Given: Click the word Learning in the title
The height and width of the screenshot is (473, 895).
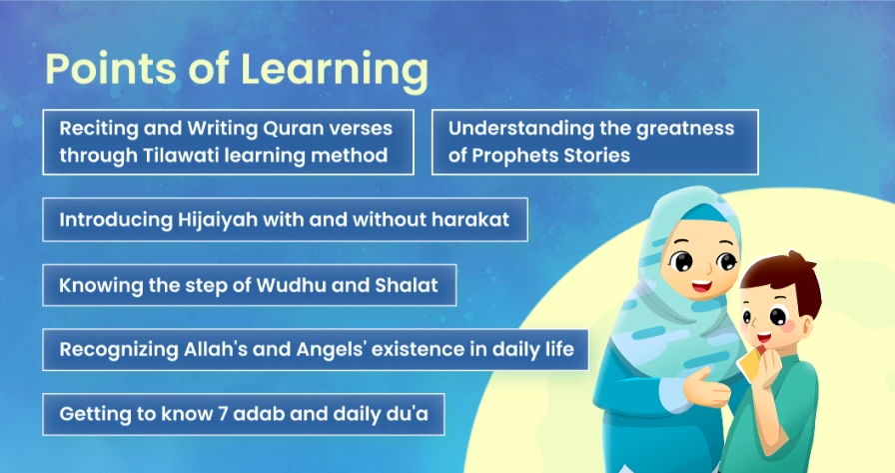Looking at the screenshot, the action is coord(335,70).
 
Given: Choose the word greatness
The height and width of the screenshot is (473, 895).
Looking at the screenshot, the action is coord(685,129).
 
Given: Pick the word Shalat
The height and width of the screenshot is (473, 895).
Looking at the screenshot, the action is coord(407,285).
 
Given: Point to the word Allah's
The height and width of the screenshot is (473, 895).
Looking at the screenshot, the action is coord(215,349).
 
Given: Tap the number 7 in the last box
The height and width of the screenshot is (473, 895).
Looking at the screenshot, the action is coord(223,414).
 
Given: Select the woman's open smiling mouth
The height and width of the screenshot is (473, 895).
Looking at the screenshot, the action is coord(701,286).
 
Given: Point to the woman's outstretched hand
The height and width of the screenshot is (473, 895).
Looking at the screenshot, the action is coord(705,387).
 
